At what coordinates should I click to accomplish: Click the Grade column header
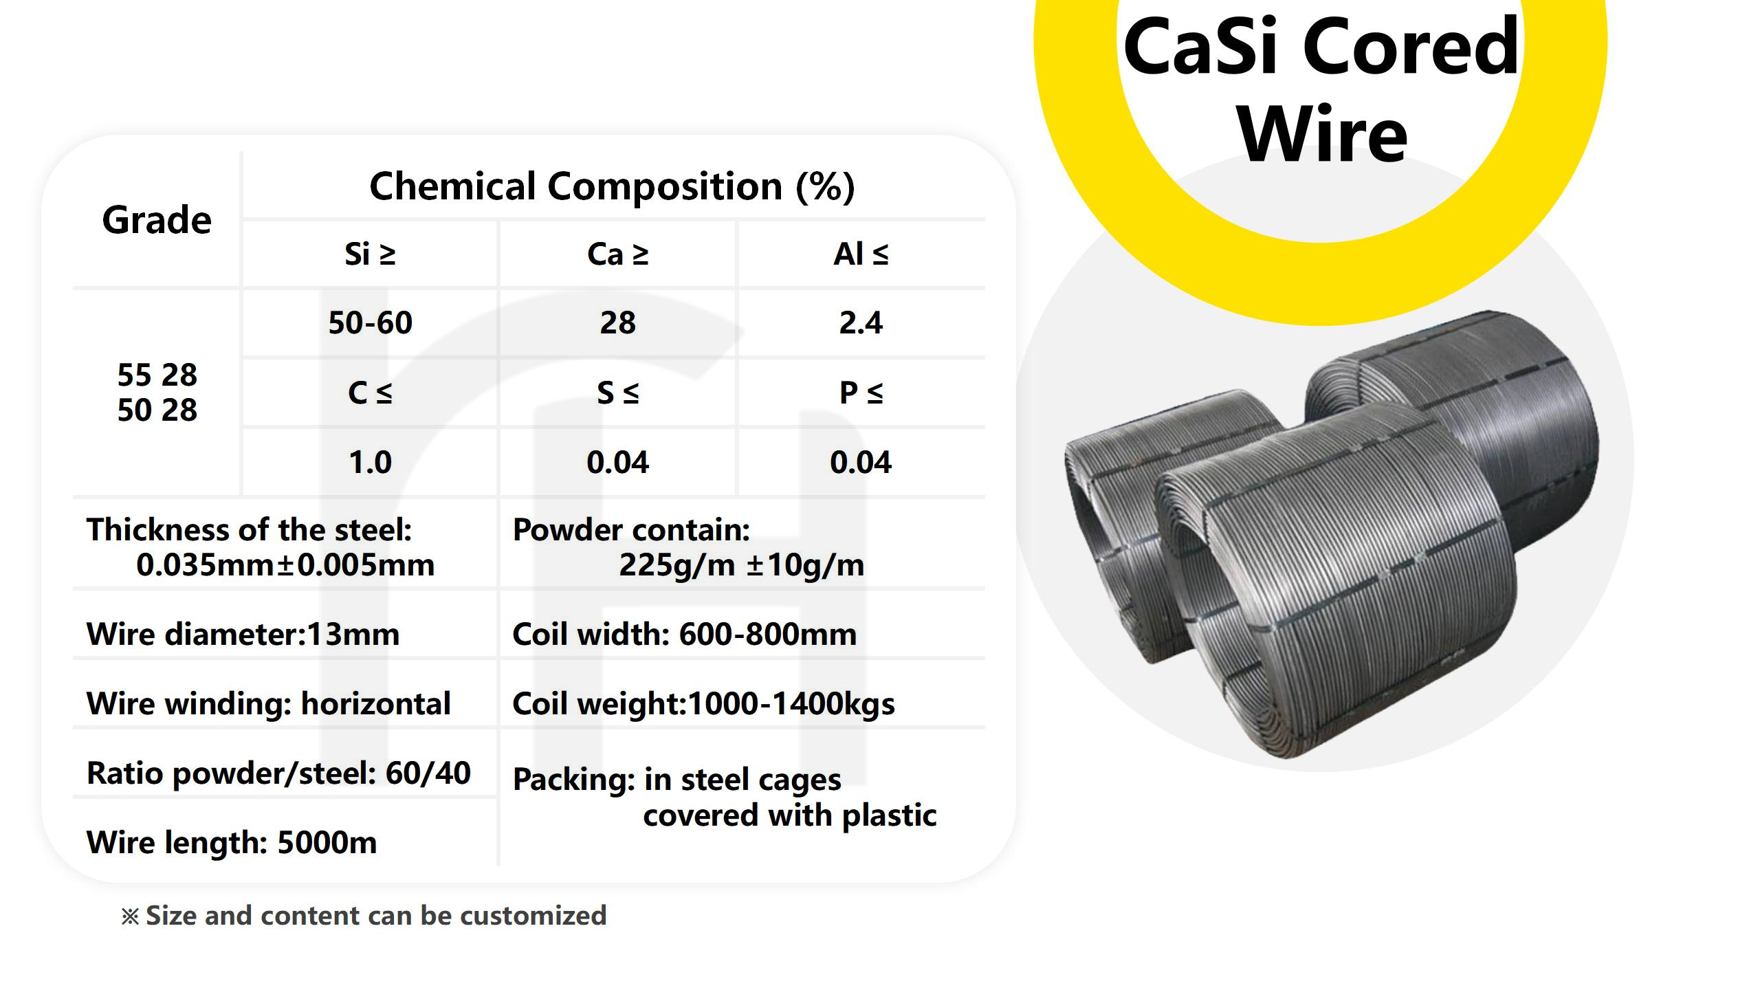click(x=157, y=220)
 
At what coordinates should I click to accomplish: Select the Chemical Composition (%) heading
click(x=612, y=186)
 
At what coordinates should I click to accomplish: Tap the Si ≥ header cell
click(x=370, y=254)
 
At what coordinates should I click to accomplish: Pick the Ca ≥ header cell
click(x=617, y=254)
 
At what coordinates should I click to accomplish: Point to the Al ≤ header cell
click(x=861, y=254)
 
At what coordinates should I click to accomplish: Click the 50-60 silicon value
click(x=370, y=322)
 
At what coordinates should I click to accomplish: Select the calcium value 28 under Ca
click(x=617, y=322)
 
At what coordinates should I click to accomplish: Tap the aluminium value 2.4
click(x=861, y=322)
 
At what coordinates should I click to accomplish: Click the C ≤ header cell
click(x=370, y=393)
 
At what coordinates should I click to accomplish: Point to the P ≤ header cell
click(x=861, y=393)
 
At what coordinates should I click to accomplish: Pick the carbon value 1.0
click(x=370, y=462)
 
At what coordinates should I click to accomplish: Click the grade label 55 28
click(x=157, y=375)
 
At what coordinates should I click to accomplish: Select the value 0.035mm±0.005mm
click(x=285, y=565)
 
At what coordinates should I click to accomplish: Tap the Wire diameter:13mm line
click(x=243, y=634)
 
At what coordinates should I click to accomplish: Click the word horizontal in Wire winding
click(x=375, y=703)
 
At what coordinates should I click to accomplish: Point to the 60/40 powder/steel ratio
click(x=428, y=773)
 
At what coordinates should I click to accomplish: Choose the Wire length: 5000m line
click(x=232, y=842)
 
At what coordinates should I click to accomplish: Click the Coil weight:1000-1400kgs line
click(x=703, y=703)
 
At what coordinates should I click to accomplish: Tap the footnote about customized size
click(x=364, y=916)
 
